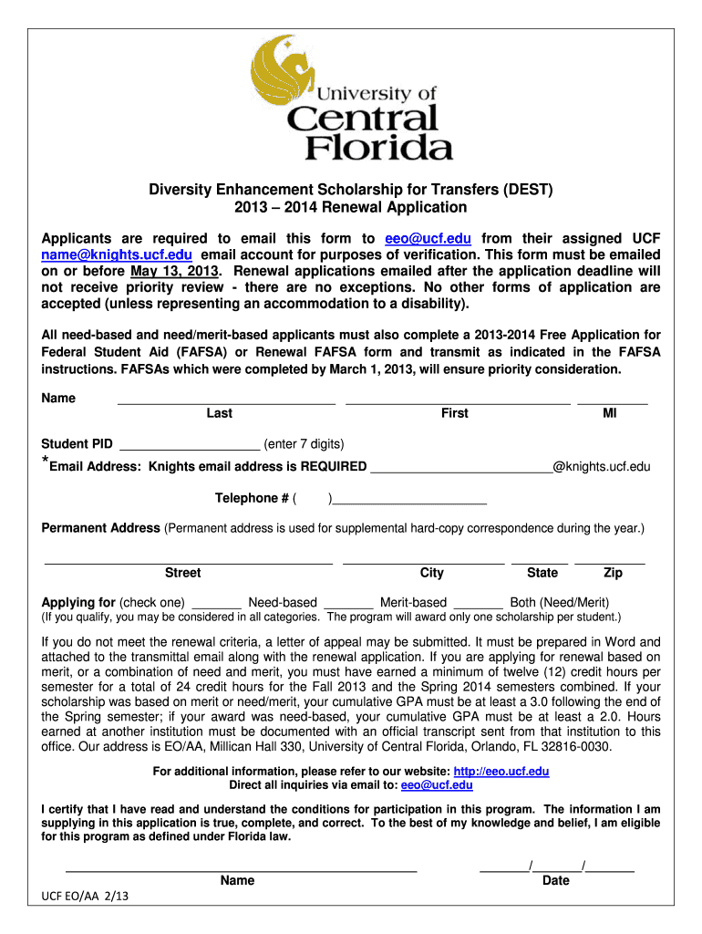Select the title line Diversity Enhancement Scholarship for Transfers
coord(351,190)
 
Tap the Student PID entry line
coord(190,444)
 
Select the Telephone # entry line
coord(409,498)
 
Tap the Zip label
coord(613,573)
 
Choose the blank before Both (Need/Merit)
coord(478,603)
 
